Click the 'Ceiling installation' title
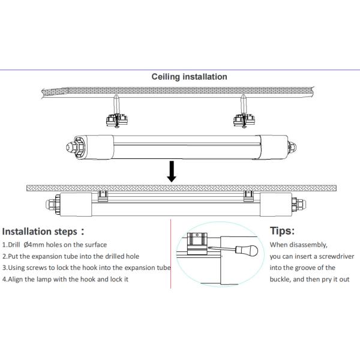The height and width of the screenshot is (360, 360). (189, 77)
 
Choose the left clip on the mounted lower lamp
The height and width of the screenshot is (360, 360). (103, 194)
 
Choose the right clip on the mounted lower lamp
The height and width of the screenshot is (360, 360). (248, 194)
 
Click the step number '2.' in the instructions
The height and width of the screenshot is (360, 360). (5, 256)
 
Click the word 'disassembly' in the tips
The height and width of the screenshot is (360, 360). (308, 245)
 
